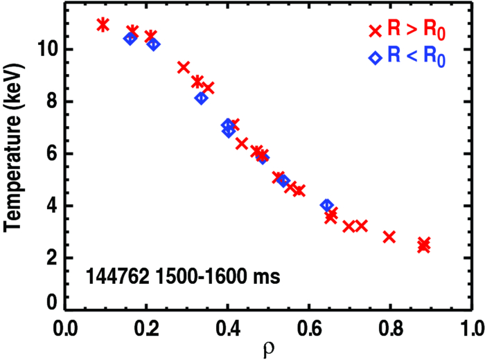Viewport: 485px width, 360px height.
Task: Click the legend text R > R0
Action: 416,30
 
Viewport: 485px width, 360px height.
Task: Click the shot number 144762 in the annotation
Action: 115,278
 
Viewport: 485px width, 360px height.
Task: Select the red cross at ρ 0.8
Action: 389,237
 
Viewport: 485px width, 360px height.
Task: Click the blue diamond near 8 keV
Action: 201,98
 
